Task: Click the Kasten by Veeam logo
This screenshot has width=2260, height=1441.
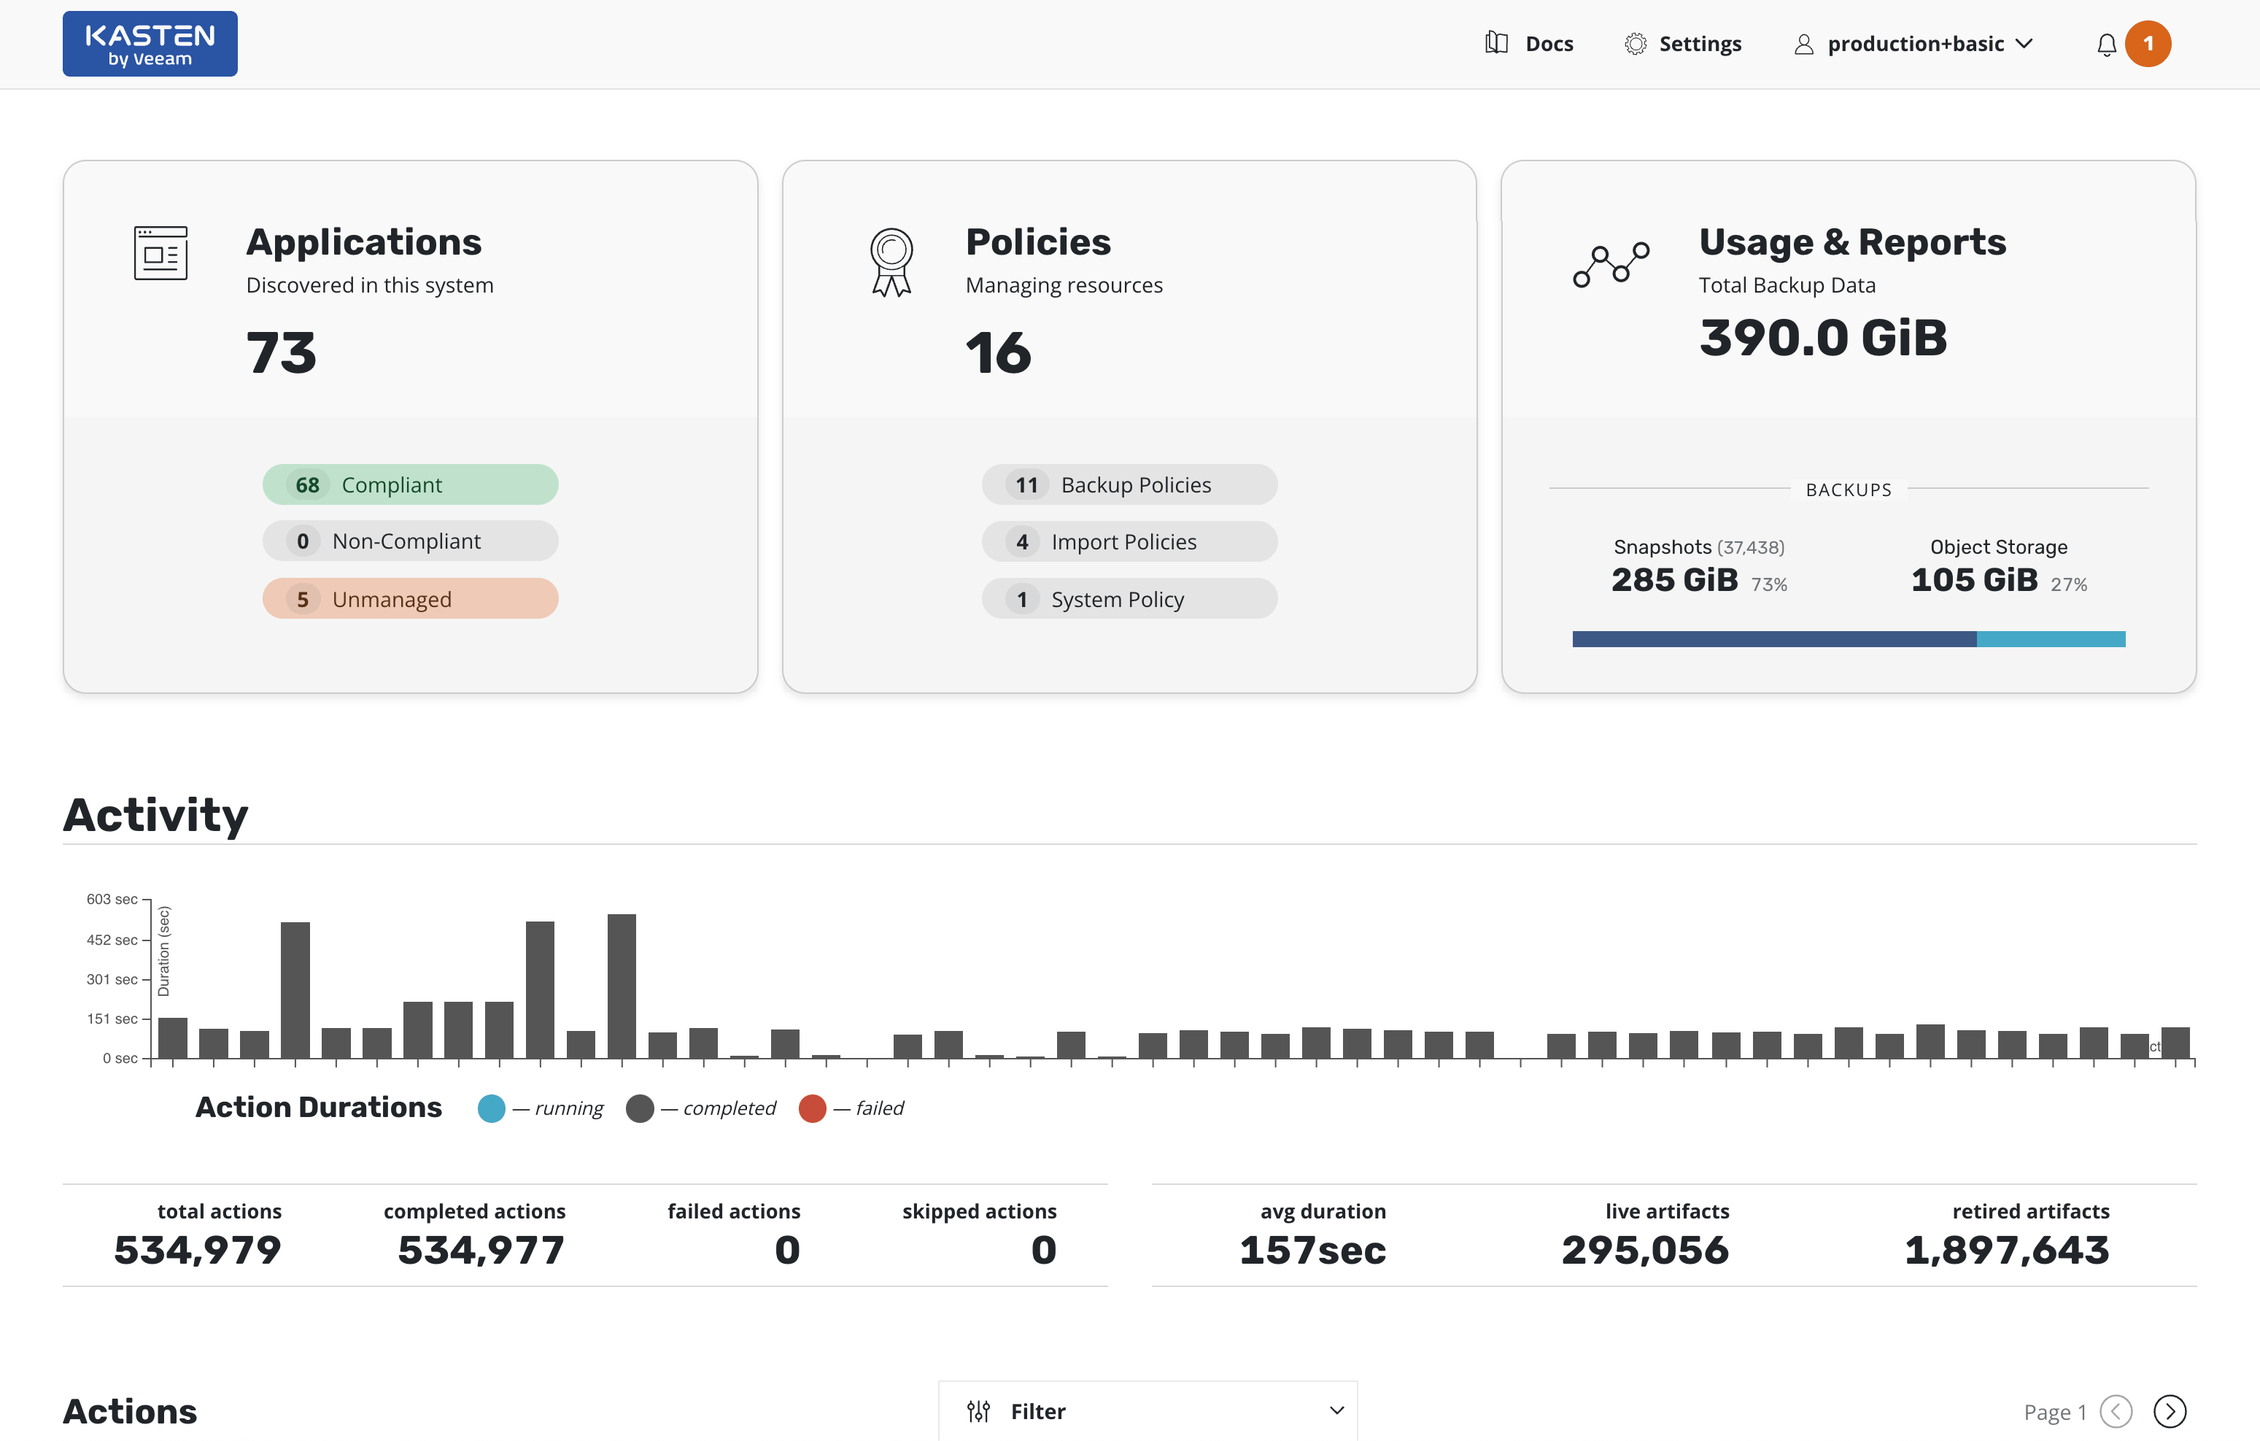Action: pos(150,44)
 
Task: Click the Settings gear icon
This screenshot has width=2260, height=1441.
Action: pos(1635,44)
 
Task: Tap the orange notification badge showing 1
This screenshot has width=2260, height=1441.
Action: pos(2148,44)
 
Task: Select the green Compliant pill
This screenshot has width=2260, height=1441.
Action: pos(410,484)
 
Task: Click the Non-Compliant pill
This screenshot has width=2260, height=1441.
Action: pos(410,541)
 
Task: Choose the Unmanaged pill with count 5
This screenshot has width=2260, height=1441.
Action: pos(410,599)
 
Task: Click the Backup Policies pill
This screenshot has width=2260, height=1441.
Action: pos(1129,484)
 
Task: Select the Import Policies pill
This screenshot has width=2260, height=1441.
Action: pos(1129,541)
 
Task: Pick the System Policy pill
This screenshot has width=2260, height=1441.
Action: pos(1129,599)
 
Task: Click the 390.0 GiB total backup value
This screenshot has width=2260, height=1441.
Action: pos(1822,338)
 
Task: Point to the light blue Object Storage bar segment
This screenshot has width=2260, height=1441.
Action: pos(2051,639)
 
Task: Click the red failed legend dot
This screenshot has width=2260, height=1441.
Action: pos(812,1109)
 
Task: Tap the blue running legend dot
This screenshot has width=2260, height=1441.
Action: pos(491,1109)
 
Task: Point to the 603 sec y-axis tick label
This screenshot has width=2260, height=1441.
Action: pos(112,900)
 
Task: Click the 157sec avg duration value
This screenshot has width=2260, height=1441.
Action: pos(1312,1251)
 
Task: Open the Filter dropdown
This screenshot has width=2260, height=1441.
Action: pos(1148,1411)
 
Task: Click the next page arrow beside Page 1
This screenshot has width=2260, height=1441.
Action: pos(2169,1411)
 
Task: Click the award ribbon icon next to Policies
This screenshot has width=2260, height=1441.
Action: pos(891,262)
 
